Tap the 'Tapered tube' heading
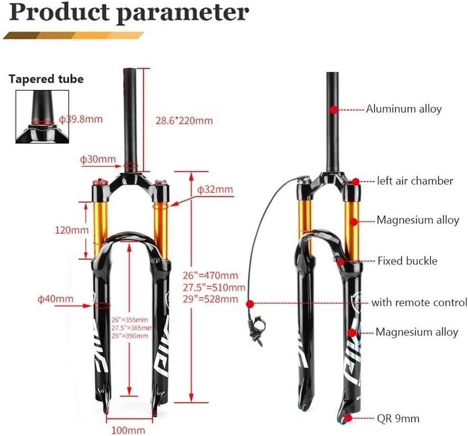click(46, 79)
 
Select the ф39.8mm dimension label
click(80, 119)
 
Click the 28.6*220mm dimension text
click(184, 120)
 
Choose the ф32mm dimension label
click(215, 190)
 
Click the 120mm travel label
click(71, 230)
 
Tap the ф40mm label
click(56, 299)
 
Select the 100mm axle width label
click(128, 430)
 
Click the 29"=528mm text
click(210, 299)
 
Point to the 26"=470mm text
click(210, 276)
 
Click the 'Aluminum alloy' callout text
click(403, 109)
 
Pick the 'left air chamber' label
click(415, 181)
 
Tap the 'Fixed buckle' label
click(407, 261)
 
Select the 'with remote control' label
click(419, 302)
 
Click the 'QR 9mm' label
click(398, 418)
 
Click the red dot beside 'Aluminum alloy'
click(334, 109)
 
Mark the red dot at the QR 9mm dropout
click(350, 418)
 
